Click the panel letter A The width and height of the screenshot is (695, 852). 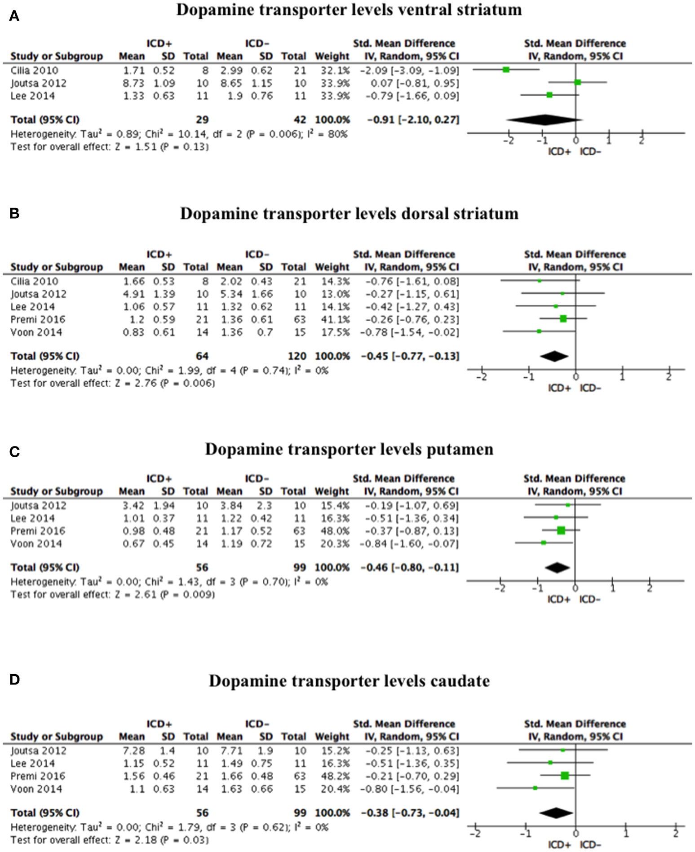pos(14,17)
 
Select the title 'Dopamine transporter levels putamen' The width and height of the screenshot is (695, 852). pos(349,449)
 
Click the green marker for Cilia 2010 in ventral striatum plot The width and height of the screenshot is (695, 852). pos(506,70)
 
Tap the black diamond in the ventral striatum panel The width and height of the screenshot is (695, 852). pos(544,119)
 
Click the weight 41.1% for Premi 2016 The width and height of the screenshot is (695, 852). pos(332,319)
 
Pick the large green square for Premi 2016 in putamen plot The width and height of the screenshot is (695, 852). pos(561,530)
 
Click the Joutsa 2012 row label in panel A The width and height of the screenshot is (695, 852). pos(38,83)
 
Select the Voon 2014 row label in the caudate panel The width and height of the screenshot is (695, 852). pos(36,789)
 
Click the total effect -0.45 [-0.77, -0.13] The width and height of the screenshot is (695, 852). pos(410,356)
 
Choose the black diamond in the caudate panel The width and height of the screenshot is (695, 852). pos(556,812)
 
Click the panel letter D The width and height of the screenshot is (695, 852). pos(14,680)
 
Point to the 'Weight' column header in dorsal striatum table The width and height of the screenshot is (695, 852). pos(332,267)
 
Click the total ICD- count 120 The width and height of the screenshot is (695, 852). pos(297,356)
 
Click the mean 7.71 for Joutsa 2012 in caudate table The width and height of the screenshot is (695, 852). pos(231,750)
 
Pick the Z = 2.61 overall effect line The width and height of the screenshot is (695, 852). pos(112,595)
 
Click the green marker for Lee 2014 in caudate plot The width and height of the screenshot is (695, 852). pos(550,763)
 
